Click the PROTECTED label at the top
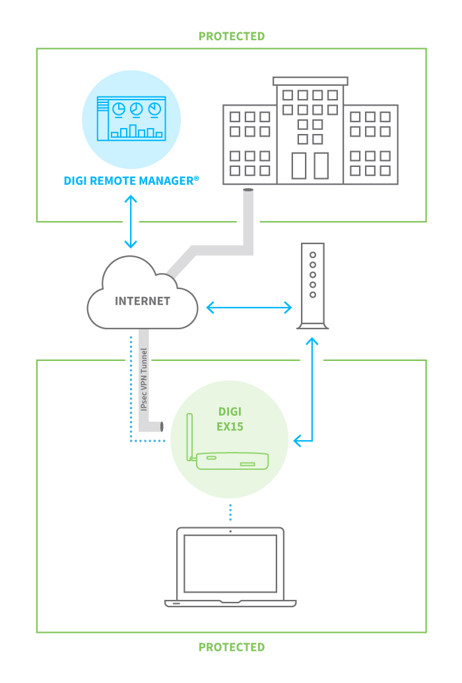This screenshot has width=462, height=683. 231,36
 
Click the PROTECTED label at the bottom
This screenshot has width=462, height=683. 231,647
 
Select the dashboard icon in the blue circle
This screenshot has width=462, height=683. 131,119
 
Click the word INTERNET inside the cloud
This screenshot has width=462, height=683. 143,301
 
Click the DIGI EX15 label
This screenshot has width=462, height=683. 230,418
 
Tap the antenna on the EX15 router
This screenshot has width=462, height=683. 189,436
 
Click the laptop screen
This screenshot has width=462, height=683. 230,564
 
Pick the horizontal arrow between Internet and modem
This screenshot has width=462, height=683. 249,308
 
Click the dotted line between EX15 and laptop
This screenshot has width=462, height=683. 230,511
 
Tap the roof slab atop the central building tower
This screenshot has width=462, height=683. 310,81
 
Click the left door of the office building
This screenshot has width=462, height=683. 299,166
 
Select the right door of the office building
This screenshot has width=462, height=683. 321,166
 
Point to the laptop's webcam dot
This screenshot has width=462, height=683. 230,531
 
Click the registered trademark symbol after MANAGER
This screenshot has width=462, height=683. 196,178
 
